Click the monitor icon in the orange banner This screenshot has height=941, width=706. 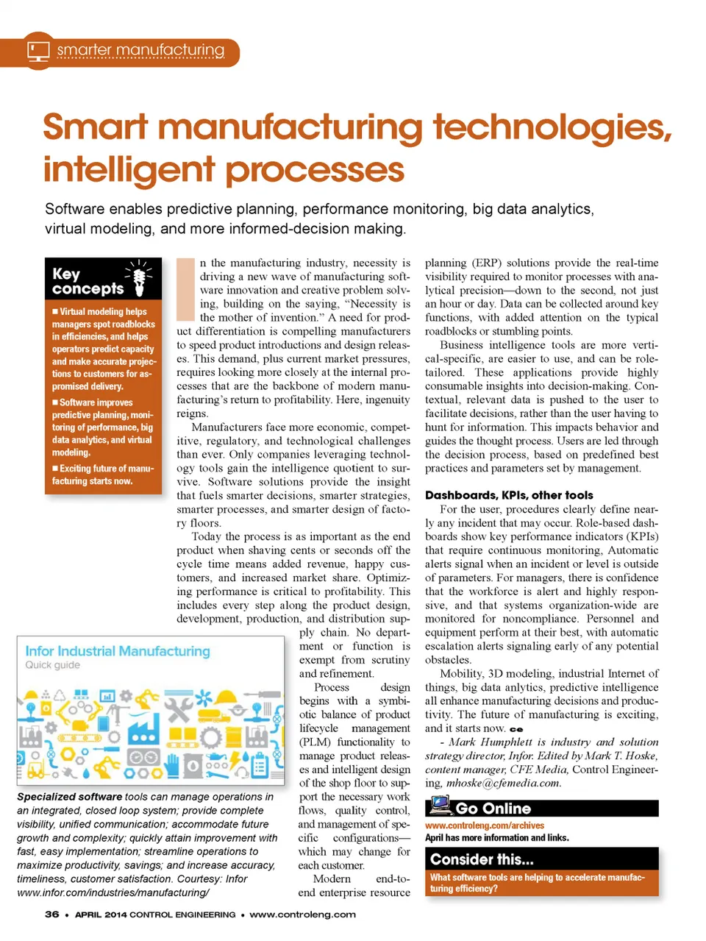pos(38,51)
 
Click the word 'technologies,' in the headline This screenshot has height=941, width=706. pos(552,127)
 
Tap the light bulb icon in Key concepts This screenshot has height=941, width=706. pos(139,279)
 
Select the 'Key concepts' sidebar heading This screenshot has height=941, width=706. pos(88,281)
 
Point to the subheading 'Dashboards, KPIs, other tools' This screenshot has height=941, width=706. pos(509,495)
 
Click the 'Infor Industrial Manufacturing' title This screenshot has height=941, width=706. pos(118,651)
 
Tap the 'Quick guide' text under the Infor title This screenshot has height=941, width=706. pos(53,665)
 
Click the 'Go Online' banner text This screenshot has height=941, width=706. pos(493,809)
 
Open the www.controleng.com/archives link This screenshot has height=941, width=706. pos(485,825)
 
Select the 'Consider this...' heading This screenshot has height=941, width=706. pos(482,859)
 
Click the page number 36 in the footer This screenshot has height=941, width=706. pos(51,915)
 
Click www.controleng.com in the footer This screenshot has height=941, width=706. pos(302,915)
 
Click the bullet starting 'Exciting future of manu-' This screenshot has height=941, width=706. pos(103,475)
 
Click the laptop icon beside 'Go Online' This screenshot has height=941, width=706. pos(440,806)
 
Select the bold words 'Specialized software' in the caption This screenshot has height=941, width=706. pos(69,797)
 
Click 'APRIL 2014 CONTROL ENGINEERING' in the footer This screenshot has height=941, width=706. pos(155,915)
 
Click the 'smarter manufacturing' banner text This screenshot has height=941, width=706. pos(140,51)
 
